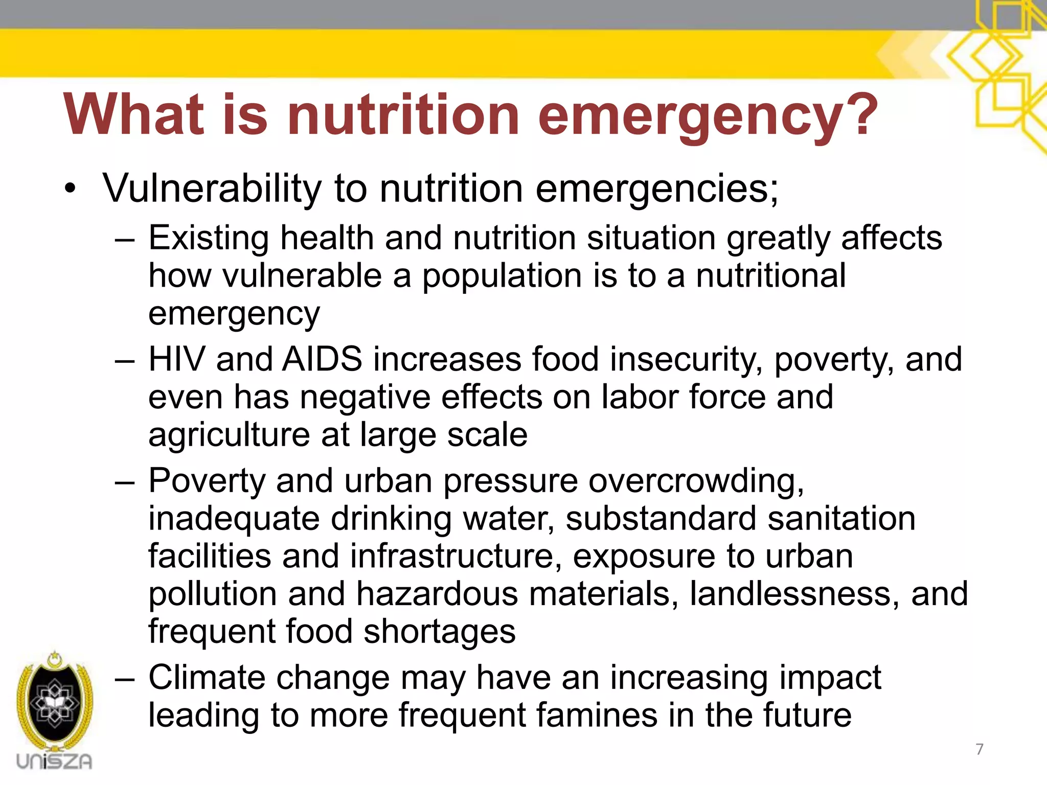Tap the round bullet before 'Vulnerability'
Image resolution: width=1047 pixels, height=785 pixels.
point(70,190)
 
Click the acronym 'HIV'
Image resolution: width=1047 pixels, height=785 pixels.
point(176,359)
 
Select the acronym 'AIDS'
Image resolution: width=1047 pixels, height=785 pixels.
point(323,359)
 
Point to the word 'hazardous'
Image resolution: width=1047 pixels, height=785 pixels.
point(437,594)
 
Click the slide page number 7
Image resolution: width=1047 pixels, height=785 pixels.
point(980,749)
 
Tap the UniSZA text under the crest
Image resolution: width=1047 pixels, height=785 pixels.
point(54,761)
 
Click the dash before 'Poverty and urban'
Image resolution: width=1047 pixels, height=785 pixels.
point(125,482)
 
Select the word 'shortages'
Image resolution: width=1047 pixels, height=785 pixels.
point(440,632)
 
